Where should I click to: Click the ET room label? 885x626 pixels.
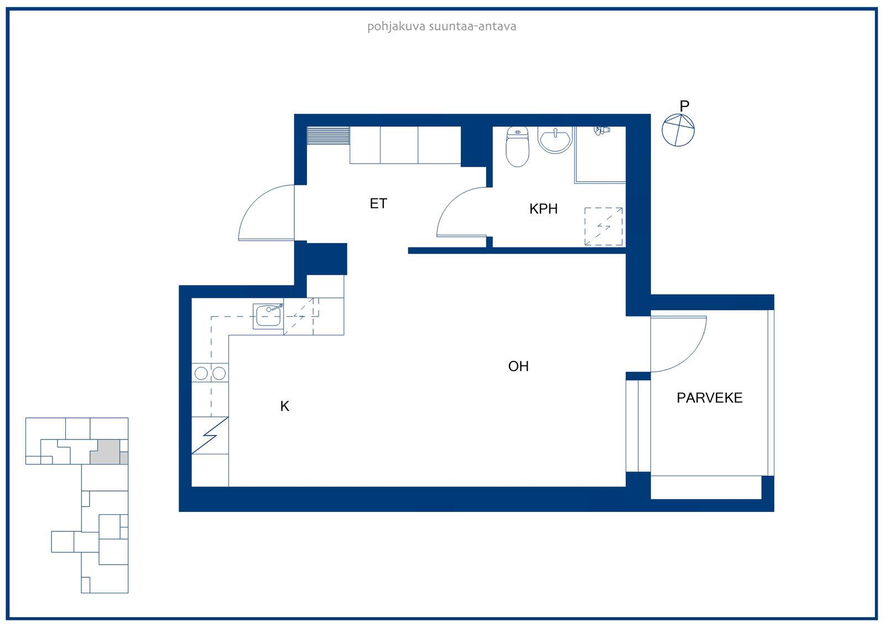point(378,203)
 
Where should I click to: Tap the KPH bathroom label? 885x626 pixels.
point(543,209)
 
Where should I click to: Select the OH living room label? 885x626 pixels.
point(518,366)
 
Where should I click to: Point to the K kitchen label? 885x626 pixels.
point(284,406)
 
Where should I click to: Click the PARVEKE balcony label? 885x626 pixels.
point(709,398)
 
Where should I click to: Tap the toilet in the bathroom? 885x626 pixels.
point(517,146)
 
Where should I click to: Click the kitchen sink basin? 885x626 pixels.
point(268,316)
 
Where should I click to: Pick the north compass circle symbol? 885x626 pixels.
point(678,130)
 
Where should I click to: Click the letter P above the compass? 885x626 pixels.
point(684,106)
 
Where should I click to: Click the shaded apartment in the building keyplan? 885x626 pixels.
point(106,452)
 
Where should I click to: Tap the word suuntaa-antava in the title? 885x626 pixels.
point(472,27)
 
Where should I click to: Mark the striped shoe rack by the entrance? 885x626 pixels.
point(328,135)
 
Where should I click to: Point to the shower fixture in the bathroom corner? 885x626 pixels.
point(602,130)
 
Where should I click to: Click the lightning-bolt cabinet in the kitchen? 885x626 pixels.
point(210,436)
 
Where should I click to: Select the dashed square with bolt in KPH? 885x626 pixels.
point(603,226)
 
